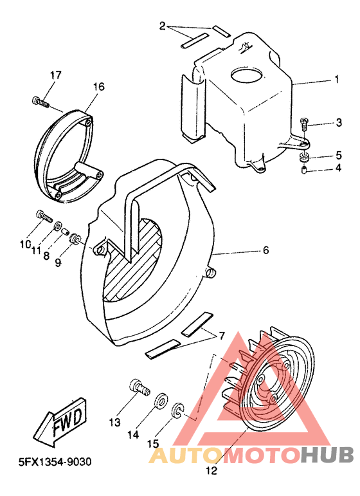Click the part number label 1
(x=336, y=80)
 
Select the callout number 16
(x=98, y=86)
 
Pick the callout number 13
(x=114, y=423)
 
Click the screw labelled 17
(x=40, y=100)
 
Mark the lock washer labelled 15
(x=177, y=409)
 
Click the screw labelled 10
(x=42, y=216)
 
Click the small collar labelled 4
(x=303, y=170)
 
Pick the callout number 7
(x=221, y=336)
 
